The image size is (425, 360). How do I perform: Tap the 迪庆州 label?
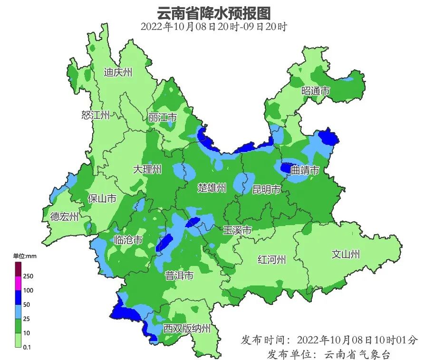118,73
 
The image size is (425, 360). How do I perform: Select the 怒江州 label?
95,115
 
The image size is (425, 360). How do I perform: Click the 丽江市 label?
163,117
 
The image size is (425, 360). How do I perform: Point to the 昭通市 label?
316,91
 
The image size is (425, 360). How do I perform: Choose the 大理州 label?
147,170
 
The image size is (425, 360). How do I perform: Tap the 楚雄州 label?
212,188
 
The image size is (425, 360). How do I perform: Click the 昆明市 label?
267,190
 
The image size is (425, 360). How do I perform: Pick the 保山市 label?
102,199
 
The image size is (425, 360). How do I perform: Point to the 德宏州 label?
64,217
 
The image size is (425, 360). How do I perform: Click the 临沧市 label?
128,240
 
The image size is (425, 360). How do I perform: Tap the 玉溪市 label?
237,230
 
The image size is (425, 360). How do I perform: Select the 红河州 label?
271,260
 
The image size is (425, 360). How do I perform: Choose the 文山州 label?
346,255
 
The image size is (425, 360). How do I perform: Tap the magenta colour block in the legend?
17,283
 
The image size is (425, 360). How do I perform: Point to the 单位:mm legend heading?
22,256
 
